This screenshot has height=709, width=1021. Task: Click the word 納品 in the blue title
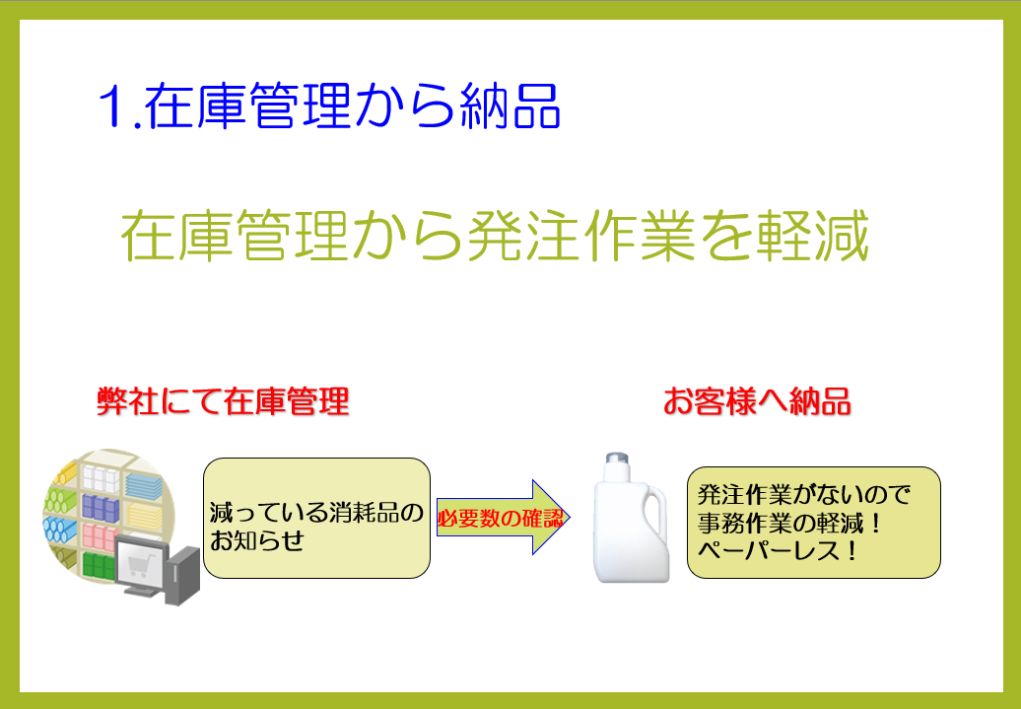(510, 106)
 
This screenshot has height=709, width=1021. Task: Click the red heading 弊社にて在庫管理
(224, 400)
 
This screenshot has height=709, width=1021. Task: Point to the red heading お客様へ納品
(757, 400)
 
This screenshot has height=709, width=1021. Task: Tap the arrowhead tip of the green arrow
(570, 518)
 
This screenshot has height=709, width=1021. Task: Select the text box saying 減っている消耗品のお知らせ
(316, 518)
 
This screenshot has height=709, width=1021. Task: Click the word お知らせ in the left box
(256, 540)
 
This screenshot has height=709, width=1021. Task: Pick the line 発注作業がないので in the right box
(803, 495)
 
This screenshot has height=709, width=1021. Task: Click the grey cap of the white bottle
(617, 459)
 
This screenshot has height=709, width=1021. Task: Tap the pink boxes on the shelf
(99, 536)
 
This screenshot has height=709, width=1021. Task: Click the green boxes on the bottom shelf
(98, 565)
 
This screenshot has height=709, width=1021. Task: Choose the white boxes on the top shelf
(101, 478)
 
